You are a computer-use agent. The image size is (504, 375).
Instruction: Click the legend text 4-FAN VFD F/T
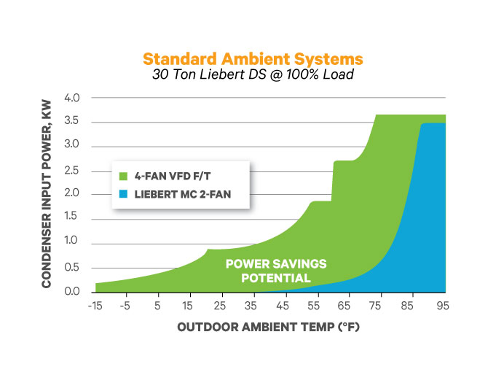168,176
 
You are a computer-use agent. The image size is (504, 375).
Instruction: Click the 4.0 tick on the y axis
79,98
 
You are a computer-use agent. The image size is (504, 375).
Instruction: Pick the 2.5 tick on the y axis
79,170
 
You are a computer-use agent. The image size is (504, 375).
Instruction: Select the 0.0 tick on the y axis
79,291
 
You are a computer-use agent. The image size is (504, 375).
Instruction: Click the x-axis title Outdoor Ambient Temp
269,328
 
